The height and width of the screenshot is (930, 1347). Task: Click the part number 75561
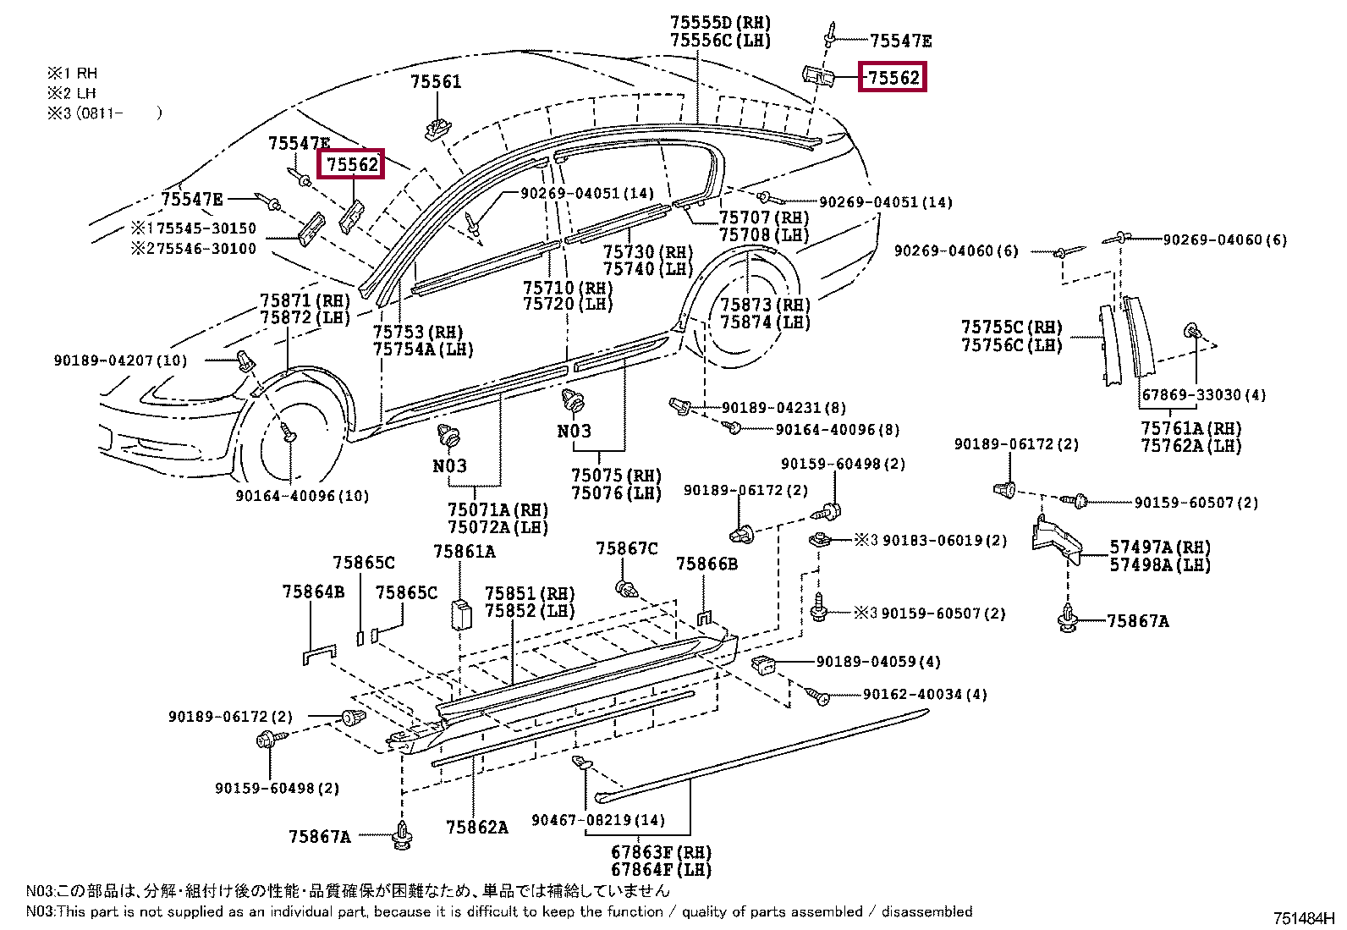[x=436, y=82]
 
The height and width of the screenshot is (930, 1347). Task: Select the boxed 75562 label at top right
[x=893, y=77]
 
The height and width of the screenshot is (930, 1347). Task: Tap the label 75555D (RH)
[x=720, y=23]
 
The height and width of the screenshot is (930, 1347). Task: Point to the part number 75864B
[x=313, y=592]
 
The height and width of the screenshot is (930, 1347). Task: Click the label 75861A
[x=465, y=552]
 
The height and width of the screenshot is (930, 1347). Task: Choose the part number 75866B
[x=706, y=564]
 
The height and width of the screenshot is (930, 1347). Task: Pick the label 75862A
[x=477, y=828]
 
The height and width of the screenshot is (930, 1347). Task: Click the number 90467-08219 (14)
[x=598, y=820]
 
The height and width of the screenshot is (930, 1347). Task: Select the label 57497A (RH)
[x=1160, y=547]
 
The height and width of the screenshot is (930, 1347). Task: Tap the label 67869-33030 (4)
[x=1204, y=395]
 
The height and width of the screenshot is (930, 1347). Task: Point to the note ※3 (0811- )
[x=105, y=113]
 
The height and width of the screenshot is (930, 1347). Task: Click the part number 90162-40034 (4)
[x=925, y=694]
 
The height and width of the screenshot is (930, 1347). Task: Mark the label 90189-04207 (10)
[x=120, y=360]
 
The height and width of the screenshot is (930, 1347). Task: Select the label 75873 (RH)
[x=766, y=305]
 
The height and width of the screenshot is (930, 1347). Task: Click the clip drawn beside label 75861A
[x=461, y=614]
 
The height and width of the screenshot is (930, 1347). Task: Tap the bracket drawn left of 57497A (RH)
[x=1057, y=540]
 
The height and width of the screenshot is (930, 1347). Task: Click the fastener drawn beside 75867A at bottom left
[x=402, y=835]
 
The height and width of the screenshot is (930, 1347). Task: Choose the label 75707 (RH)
[x=764, y=217]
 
